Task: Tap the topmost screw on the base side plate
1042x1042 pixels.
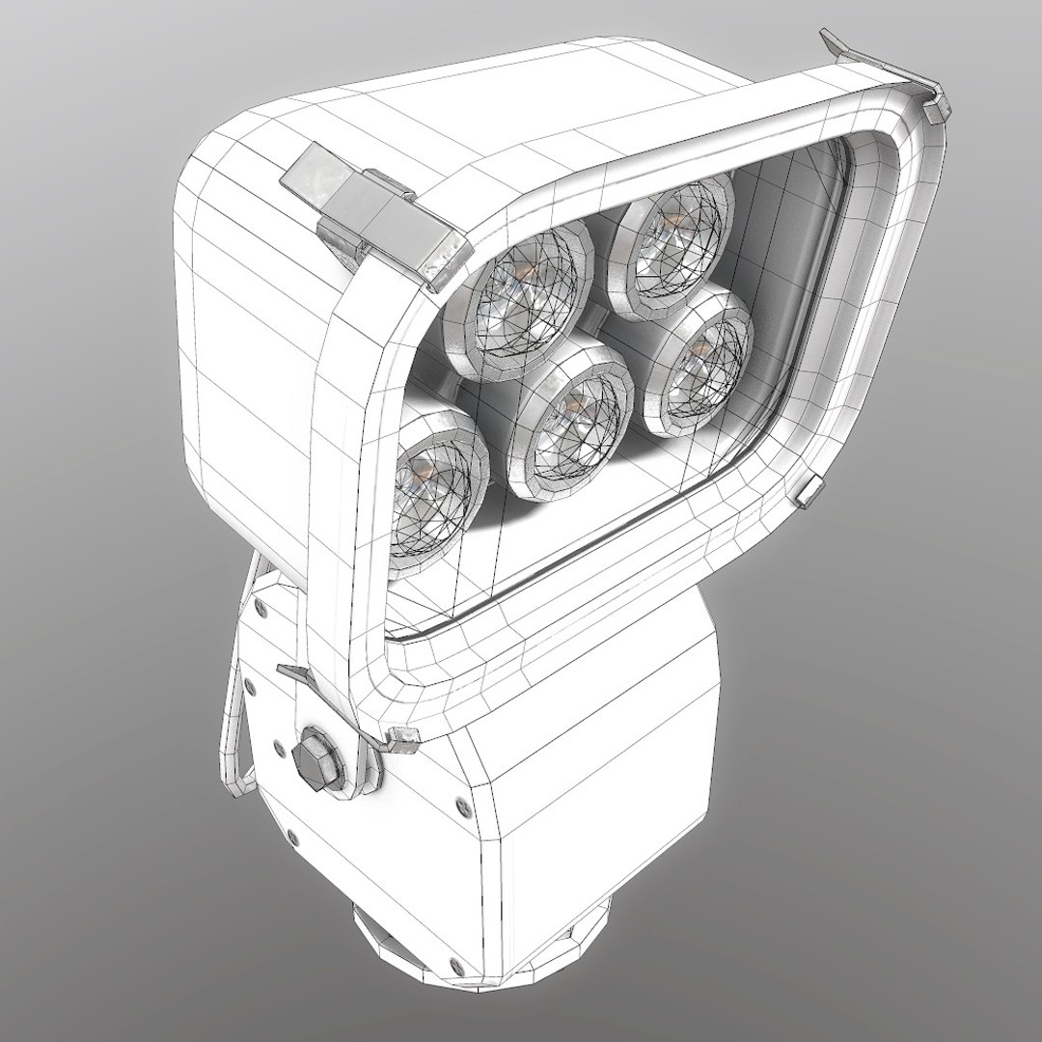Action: (x=260, y=606)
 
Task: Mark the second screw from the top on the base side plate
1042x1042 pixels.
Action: (x=250, y=683)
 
